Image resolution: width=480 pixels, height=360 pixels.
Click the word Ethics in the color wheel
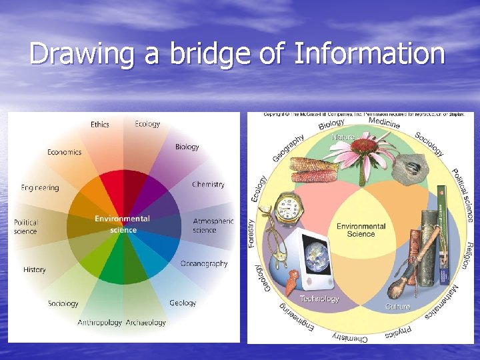pos(100,124)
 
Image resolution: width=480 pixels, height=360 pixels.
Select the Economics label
pos(64,152)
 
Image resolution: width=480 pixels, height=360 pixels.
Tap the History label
pos(35,270)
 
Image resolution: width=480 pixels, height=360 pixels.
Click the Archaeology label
pos(146,323)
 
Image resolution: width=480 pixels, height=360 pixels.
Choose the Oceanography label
pos(204,263)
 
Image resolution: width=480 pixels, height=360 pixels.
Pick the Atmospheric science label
pos(213,225)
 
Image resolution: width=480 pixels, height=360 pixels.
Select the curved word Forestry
pos(251,233)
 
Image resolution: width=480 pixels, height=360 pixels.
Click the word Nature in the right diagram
pos(343,137)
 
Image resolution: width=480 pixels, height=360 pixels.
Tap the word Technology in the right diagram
pos(319,299)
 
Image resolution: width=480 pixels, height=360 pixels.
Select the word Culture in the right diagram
pos(398,307)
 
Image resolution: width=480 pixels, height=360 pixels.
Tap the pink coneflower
pos(364,152)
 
